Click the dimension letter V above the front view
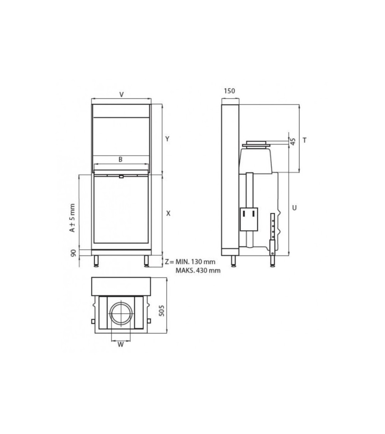121,95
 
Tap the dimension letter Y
167,139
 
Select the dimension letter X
168,213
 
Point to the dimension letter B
121,159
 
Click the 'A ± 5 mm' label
72,218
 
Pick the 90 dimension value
74,253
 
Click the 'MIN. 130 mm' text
195,262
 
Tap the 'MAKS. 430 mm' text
198,270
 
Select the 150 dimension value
229,91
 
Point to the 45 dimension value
293,141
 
